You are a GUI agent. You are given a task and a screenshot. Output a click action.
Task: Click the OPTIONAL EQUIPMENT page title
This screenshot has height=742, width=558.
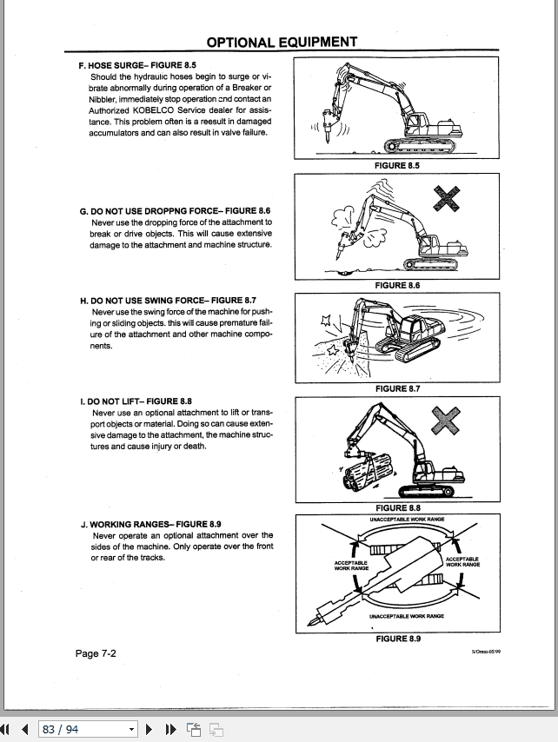pos(282,42)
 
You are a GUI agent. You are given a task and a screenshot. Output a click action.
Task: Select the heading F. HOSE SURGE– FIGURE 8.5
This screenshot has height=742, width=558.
pos(137,65)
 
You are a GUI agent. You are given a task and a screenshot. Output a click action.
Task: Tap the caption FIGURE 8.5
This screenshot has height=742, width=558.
pos(397,165)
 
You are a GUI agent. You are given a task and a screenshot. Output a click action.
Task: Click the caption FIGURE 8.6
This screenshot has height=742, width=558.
pos(397,285)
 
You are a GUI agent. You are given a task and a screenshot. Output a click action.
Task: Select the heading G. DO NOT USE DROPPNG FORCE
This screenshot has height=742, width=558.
pos(175,211)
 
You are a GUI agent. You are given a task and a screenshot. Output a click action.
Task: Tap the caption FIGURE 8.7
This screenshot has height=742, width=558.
pos(397,388)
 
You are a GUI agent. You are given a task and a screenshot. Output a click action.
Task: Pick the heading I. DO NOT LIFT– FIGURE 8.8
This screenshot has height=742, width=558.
pos(136,401)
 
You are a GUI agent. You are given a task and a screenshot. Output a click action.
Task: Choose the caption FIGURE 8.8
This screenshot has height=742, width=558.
pos(397,508)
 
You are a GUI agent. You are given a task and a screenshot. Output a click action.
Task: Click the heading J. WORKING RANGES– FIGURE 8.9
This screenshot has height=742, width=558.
pos(150,524)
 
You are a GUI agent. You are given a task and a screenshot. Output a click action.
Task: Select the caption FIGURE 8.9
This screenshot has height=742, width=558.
pos(397,639)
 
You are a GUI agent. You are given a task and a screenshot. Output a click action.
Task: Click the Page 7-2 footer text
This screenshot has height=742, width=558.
pos(96,653)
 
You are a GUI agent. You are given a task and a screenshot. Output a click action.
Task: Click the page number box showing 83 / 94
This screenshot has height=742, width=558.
pos(87,729)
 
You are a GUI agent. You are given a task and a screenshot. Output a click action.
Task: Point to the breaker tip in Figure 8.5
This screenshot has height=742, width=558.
pos(327,138)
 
